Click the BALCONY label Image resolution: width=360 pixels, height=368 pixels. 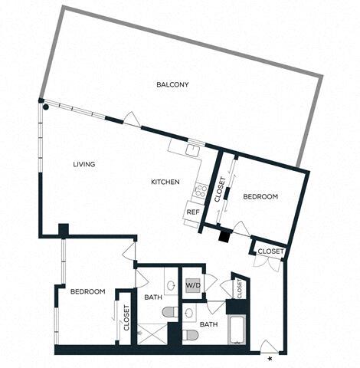(x=172, y=84)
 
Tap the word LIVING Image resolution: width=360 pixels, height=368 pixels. (x=84, y=164)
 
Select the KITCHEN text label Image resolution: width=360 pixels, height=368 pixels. (x=165, y=182)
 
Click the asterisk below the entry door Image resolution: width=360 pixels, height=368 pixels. (x=270, y=357)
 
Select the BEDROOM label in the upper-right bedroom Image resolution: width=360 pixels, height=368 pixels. (x=260, y=197)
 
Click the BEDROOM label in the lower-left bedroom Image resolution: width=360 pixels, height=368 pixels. (x=87, y=291)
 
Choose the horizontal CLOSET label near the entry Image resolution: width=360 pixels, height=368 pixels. (x=270, y=251)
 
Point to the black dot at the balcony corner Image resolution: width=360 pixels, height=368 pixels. (x=46, y=108)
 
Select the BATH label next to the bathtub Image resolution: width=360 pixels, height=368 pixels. (x=208, y=324)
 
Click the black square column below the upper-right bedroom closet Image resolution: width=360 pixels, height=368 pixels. (x=224, y=236)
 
